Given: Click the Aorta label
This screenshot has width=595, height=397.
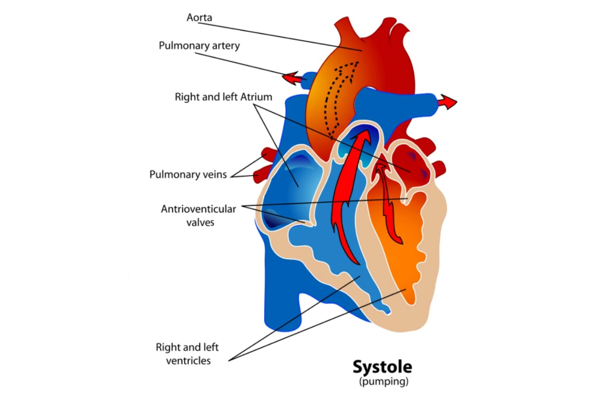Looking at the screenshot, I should tap(199, 17).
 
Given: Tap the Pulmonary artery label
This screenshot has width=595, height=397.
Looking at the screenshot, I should tap(199, 46).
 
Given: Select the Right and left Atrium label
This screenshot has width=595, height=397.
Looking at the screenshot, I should tap(223, 97).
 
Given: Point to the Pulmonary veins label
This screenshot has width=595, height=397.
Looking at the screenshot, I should tap(188, 174).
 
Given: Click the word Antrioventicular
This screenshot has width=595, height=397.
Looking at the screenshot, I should tap(198, 209).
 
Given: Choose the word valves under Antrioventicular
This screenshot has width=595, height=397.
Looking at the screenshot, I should tap(200, 222).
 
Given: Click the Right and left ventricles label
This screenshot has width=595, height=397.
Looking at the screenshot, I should tap(188, 354).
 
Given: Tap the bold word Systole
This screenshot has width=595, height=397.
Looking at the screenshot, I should tap(382, 367).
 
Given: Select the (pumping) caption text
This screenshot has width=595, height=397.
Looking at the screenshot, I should tap(384, 382).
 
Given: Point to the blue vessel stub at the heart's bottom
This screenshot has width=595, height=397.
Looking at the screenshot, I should tap(282, 310).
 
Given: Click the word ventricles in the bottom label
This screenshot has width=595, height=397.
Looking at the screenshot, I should tap(188, 361).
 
